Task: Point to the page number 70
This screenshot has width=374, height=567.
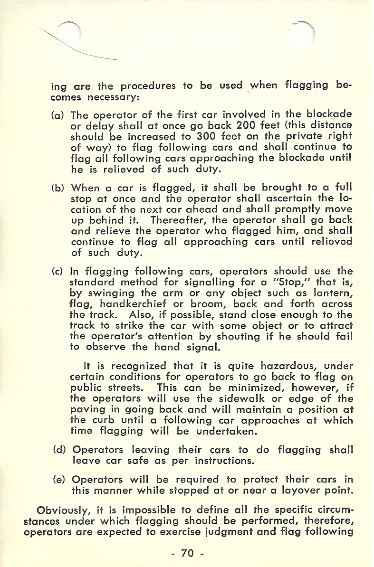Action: (187, 553)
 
